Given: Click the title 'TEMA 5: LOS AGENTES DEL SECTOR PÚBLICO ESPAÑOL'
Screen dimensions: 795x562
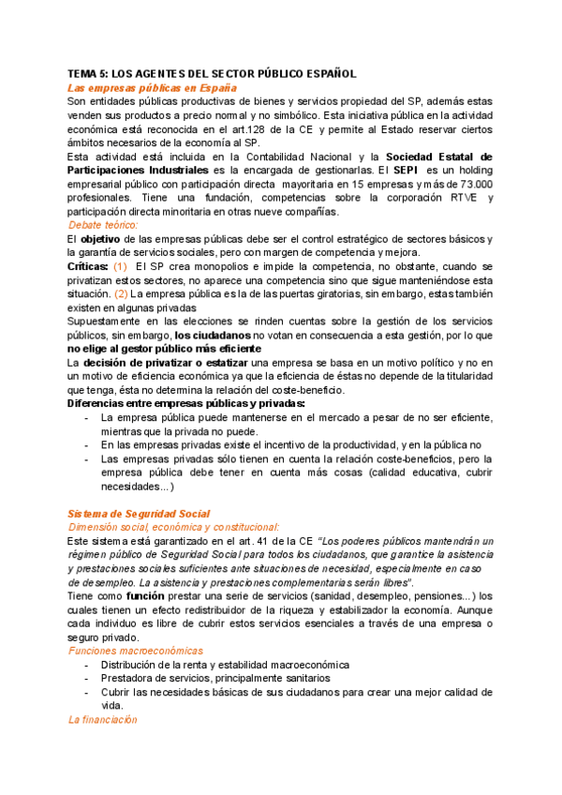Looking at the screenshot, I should click(x=213, y=73).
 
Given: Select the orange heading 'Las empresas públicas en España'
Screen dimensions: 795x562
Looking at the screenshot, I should click(x=152, y=87).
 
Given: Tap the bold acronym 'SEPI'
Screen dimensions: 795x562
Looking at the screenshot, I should click(x=406, y=171).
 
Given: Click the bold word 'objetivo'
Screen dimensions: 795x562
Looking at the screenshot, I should click(x=106, y=239).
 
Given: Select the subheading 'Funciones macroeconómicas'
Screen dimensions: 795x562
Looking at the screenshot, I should click(x=135, y=650).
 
